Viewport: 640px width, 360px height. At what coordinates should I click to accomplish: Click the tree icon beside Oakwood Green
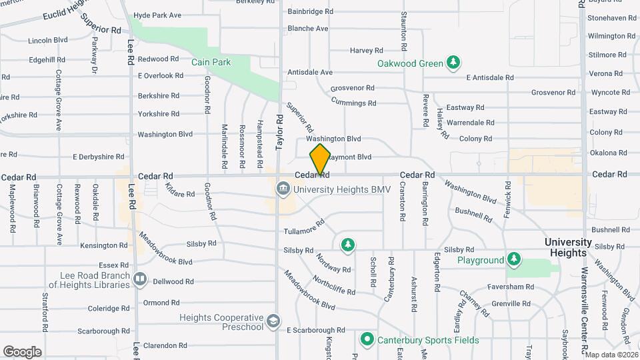point(454,63)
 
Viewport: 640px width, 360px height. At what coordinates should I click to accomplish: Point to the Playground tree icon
point(513,259)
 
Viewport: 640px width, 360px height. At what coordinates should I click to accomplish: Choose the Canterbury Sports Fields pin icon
point(366,339)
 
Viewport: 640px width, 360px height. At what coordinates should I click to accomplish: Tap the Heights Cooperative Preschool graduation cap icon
point(273,322)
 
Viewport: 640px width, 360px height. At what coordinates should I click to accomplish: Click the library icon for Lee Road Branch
point(140,279)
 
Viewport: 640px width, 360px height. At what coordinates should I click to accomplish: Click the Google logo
point(22,351)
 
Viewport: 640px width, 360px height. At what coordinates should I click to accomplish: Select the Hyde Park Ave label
point(157,15)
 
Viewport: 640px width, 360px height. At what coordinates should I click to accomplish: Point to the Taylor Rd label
point(280,131)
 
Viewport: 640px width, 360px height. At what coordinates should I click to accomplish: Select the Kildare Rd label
point(180,194)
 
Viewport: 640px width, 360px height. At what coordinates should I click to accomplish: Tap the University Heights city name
point(568,247)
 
